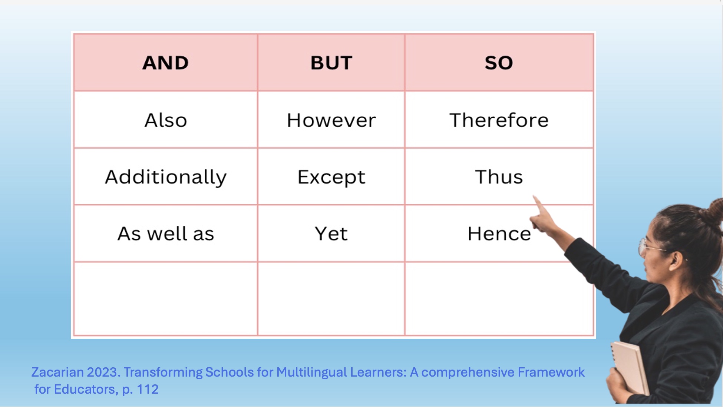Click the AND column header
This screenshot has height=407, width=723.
click(166, 63)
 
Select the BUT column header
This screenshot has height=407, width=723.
click(331, 63)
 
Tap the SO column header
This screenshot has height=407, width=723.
click(499, 63)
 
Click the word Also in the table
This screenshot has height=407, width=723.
click(166, 120)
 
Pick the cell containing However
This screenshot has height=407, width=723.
click(331, 120)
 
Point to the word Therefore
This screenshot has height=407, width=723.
click(499, 120)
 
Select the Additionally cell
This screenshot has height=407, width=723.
click(166, 177)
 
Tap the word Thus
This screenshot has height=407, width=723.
click(499, 177)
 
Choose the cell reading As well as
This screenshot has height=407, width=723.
click(166, 234)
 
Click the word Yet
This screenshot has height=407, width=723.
click(331, 234)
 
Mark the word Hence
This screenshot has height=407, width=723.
click(499, 234)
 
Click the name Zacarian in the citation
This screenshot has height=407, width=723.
click(57, 372)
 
